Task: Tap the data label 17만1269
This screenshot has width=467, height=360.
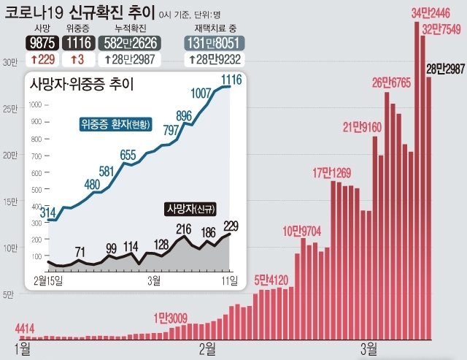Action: tap(333, 173)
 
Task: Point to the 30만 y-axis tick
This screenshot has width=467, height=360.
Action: tap(9, 63)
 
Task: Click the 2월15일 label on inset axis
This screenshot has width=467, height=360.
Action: tap(49, 280)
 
